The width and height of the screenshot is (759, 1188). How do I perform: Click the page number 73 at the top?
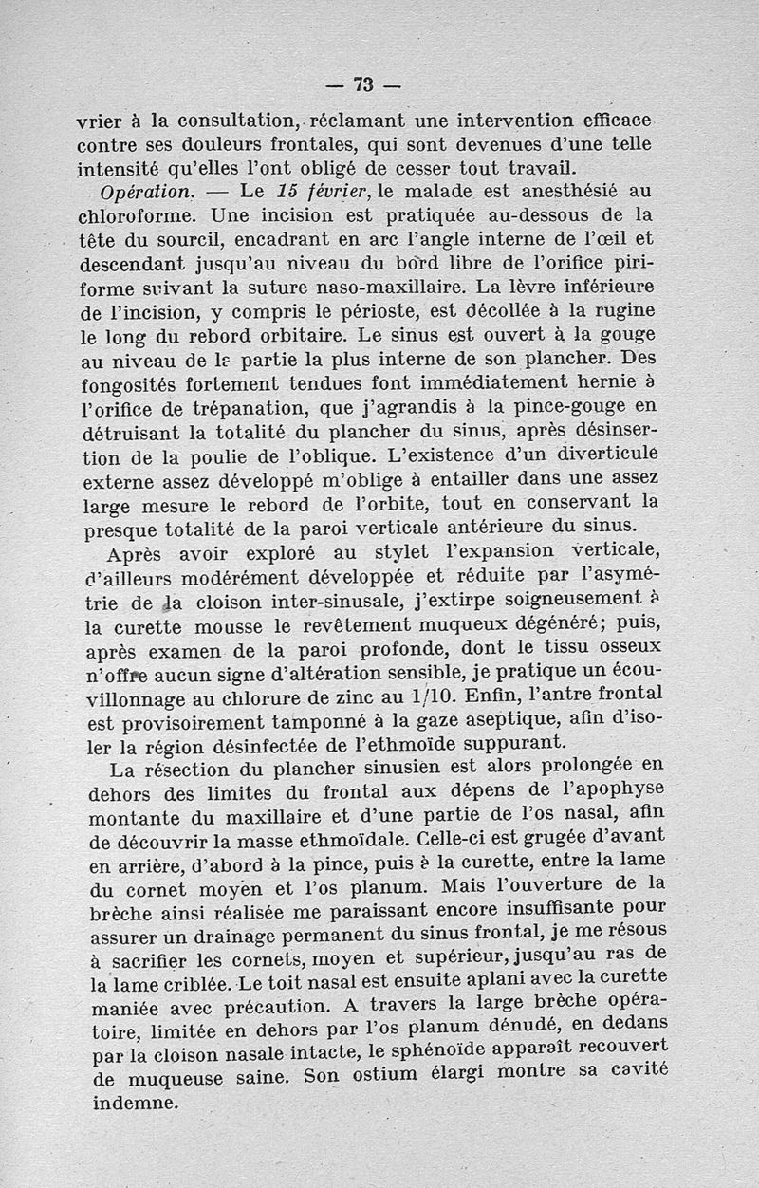tap(362, 84)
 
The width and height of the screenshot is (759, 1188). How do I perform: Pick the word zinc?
tap(337, 699)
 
